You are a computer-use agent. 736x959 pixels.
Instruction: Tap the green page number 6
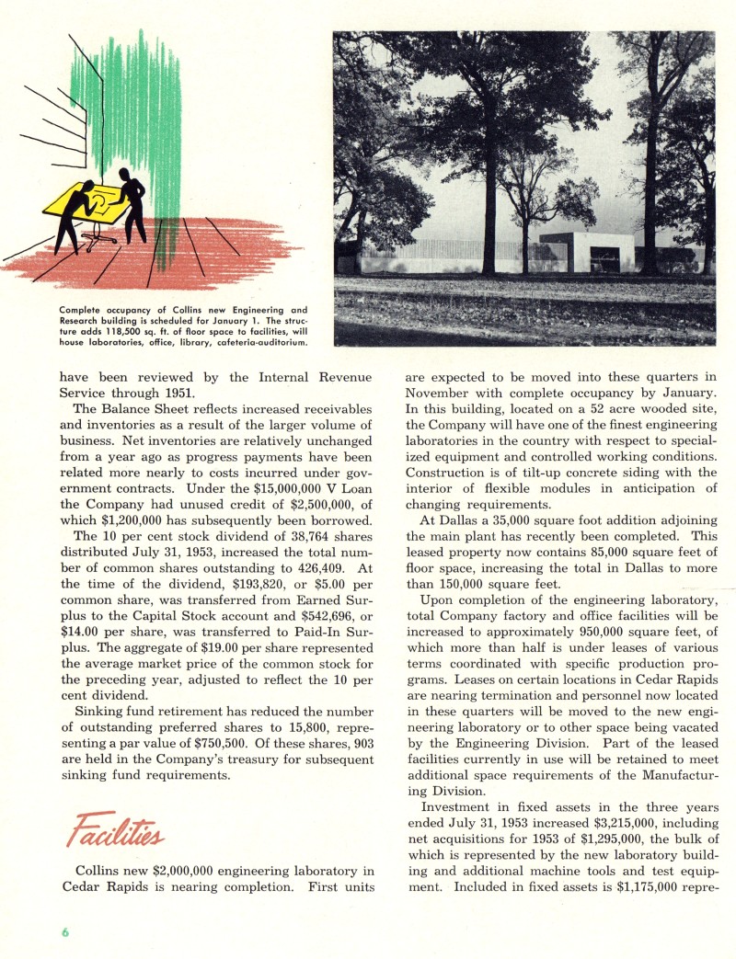click(65, 932)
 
